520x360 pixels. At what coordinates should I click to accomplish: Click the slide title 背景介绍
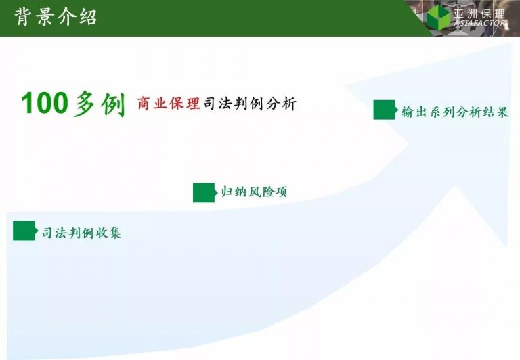[x=56, y=17]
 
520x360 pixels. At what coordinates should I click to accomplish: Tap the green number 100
[x=45, y=104]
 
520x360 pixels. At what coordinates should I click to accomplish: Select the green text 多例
[x=100, y=104]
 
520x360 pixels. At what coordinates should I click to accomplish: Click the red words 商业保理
[x=169, y=104]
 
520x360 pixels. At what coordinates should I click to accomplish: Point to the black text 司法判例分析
[x=250, y=104]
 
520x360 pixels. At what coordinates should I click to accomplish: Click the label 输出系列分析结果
[x=455, y=112]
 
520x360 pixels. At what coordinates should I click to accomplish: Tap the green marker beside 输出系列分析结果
[x=385, y=110]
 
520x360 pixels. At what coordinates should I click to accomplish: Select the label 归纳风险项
[x=254, y=192]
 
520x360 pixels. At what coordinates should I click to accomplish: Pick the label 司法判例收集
[x=81, y=233]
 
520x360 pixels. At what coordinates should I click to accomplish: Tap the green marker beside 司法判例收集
[x=24, y=231]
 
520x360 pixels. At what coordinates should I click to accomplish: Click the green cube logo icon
[x=438, y=17]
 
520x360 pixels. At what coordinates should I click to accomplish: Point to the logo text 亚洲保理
[x=479, y=14]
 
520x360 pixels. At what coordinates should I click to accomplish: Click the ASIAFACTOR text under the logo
[x=480, y=23]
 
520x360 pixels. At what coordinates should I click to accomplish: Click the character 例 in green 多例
[x=114, y=104]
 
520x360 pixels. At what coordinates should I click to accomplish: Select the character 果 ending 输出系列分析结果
[x=502, y=112]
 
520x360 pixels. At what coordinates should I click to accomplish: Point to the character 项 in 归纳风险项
[x=280, y=192]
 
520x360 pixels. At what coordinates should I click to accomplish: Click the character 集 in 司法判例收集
[x=114, y=233]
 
